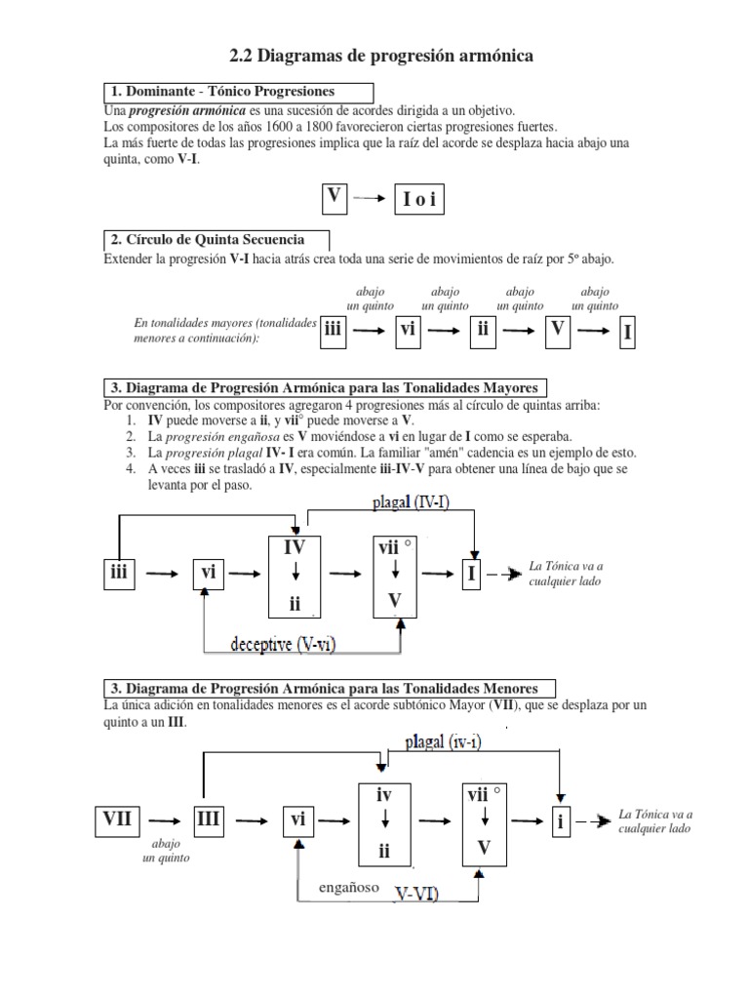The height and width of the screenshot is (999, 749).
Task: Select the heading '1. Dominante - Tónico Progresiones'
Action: [x=223, y=92]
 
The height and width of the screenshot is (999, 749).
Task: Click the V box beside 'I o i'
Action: [x=335, y=196]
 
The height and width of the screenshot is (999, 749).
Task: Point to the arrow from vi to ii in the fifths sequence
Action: [x=444, y=332]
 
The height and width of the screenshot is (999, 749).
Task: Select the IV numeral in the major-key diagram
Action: [x=295, y=548]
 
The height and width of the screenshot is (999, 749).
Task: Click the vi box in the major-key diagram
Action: [x=208, y=574]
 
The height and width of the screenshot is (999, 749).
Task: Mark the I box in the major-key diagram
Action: [x=472, y=574]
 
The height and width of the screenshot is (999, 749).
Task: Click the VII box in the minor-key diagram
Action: [x=118, y=819]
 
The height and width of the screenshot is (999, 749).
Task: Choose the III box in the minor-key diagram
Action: [x=209, y=819]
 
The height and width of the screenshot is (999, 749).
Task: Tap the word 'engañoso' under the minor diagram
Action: [x=346, y=889]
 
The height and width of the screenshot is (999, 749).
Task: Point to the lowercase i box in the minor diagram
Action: [x=561, y=821]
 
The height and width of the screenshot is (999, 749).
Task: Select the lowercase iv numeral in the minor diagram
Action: [x=384, y=795]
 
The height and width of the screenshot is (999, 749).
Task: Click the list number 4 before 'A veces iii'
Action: [x=130, y=469]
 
